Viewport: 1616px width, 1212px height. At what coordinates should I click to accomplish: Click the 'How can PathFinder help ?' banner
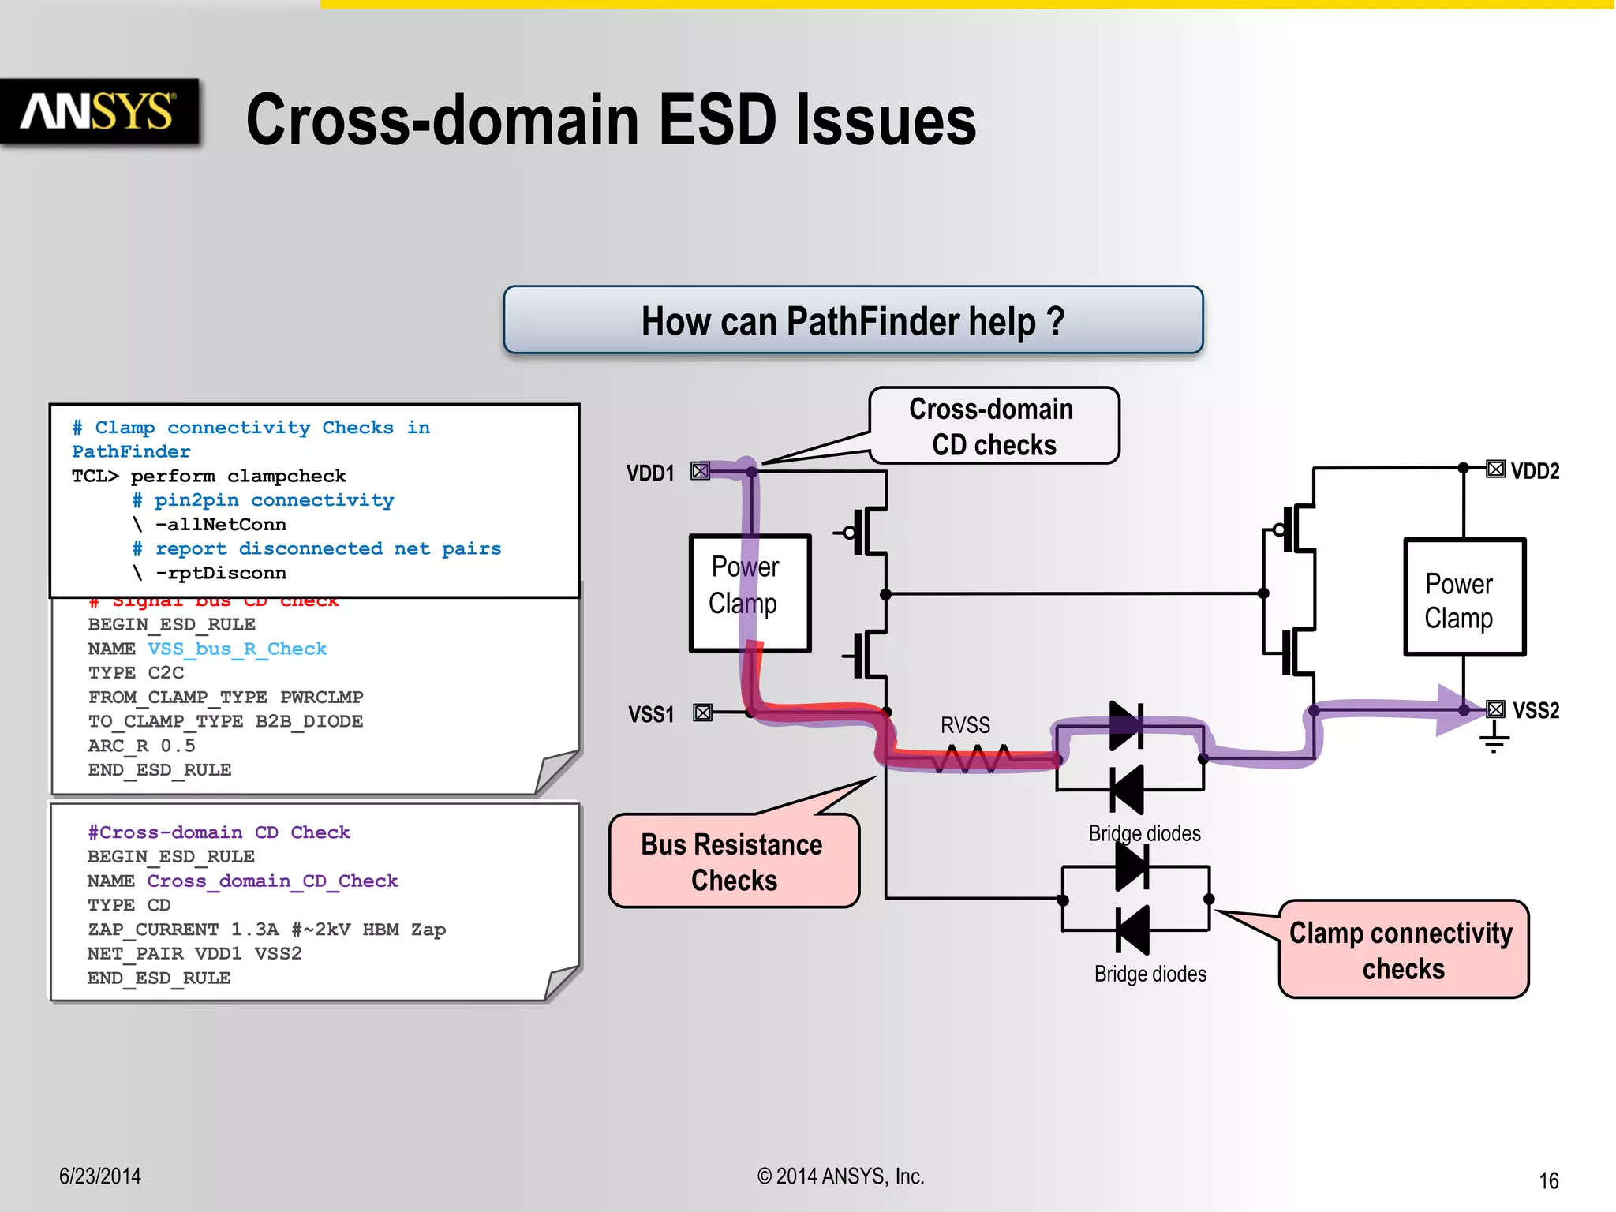(852, 320)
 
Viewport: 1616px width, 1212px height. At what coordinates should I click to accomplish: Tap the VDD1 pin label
(650, 473)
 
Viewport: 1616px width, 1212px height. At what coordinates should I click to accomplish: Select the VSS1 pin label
(651, 715)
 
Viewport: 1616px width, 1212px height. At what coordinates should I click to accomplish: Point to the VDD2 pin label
(1535, 471)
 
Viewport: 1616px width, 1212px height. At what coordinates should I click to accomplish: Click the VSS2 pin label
(1536, 710)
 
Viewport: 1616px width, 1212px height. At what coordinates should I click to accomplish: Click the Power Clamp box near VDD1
(750, 593)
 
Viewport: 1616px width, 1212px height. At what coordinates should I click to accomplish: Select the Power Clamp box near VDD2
(1464, 597)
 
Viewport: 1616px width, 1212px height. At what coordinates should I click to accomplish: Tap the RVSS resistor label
(965, 725)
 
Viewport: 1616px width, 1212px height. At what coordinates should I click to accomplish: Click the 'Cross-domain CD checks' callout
(993, 426)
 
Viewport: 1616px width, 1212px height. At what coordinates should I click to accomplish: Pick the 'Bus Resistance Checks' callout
(734, 862)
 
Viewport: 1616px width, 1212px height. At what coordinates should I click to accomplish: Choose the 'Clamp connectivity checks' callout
(1403, 949)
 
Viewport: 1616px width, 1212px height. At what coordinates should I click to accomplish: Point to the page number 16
(1548, 1180)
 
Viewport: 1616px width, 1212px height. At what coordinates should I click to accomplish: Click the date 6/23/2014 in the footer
(100, 1176)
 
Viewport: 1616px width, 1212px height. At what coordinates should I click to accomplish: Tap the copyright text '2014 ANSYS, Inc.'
(840, 1176)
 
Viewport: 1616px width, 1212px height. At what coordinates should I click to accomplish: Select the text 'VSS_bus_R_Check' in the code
(237, 649)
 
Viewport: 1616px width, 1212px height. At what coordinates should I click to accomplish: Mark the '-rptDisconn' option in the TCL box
(220, 573)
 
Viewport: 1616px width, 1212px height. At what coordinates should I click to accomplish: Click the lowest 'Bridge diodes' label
(1150, 974)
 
